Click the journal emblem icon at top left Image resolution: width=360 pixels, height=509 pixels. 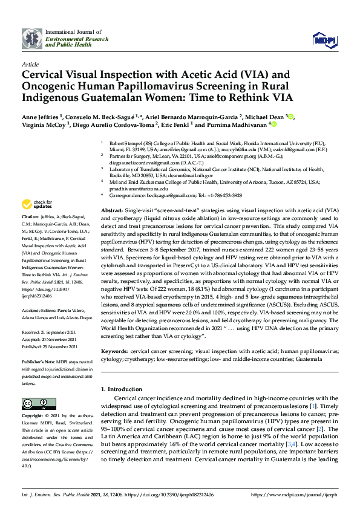pos(31,39)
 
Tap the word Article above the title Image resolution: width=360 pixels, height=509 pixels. pos(30,63)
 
